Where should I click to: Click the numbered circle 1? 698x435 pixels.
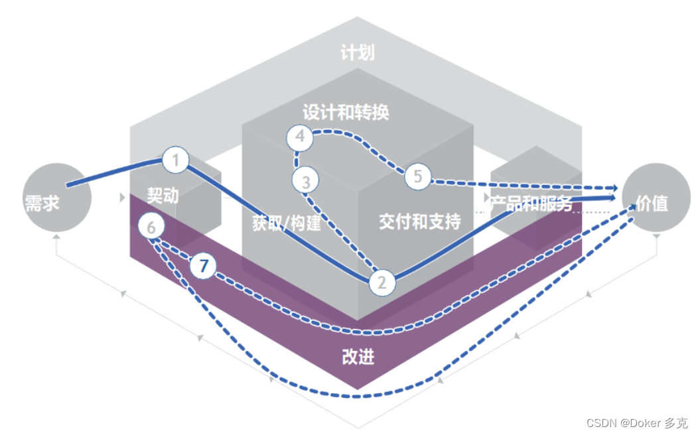pyautogui.click(x=176, y=159)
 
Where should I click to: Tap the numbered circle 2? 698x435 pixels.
pyautogui.click(x=382, y=283)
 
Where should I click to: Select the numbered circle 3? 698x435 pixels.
pyautogui.click(x=306, y=180)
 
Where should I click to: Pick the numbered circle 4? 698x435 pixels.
pyautogui.click(x=300, y=137)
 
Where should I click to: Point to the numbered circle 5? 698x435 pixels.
pyautogui.click(x=417, y=176)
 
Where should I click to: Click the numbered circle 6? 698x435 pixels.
pyautogui.click(x=151, y=227)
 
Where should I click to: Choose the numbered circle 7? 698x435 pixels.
pyautogui.click(x=204, y=267)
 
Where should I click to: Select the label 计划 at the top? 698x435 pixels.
pyautogui.click(x=357, y=53)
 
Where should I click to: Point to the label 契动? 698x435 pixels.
pyautogui.click(x=163, y=196)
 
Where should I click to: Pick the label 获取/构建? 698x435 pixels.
pyautogui.click(x=286, y=223)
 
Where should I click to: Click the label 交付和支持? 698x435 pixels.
pyautogui.click(x=419, y=221)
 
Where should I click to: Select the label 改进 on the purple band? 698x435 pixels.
pyautogui.click(x=358, y=357)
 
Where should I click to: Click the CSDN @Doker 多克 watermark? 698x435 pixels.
pyautogui.click(x=633, y=422)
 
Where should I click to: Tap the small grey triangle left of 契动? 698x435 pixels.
pyautogui.click(x=121, y=197)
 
